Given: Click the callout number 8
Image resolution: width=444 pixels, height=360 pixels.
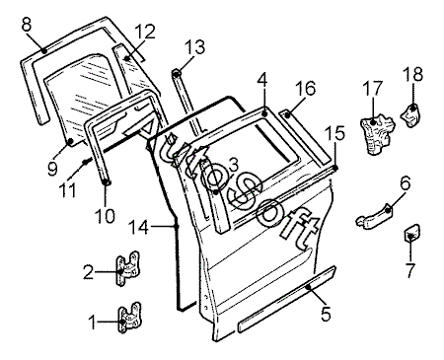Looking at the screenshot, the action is tap(27, 25).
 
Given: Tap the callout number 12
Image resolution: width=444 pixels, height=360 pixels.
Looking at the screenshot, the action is tap(144, 32).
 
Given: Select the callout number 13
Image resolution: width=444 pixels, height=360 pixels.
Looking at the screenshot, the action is tap(194, 46).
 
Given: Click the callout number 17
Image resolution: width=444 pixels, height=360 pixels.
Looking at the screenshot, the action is tap(373, 88).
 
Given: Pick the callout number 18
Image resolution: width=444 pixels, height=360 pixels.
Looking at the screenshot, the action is tap(413, 74).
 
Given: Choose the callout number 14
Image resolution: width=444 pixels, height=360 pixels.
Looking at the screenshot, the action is tap(138, 227).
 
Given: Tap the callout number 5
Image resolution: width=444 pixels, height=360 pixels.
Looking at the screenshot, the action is tap(326, 314).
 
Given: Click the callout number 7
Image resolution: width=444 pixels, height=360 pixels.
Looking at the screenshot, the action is tap(410, 270).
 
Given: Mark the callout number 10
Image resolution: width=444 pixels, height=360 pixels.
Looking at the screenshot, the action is tap(105, 215).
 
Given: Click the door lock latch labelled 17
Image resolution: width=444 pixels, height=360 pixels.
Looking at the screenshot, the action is tap(378, 134).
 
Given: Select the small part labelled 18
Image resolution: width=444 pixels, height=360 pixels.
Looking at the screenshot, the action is tap(410, 114).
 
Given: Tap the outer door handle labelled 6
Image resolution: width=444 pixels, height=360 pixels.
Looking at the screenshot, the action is tap(374, 216).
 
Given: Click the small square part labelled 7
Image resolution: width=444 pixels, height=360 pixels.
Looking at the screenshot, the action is tap(411, 233).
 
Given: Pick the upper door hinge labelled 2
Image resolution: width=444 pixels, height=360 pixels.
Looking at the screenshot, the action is tap(128, 268).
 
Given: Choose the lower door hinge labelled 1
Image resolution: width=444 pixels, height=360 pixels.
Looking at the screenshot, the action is tap(129, 318).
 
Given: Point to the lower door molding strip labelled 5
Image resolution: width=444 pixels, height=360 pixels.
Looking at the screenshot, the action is tap(286, 299).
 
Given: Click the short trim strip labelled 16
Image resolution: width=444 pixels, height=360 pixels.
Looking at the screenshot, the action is tap(305, 137).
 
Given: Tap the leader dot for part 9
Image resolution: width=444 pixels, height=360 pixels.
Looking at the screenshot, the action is tap(70, 141).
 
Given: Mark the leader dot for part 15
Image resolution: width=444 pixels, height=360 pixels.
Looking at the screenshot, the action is tap(335, 168).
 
